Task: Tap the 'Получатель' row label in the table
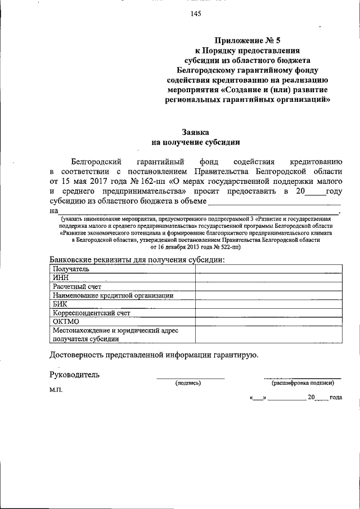71,268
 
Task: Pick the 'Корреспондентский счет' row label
92,312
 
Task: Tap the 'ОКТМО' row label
66,321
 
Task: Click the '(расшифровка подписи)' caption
303,383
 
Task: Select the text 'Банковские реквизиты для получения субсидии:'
137,259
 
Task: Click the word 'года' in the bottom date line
335,397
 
